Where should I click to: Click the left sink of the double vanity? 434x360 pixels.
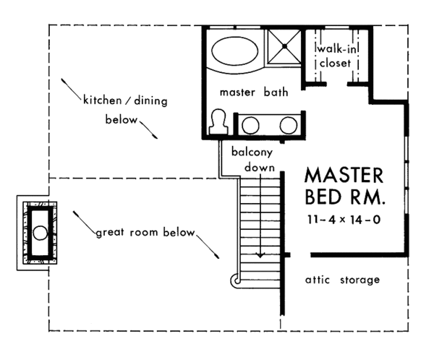251,124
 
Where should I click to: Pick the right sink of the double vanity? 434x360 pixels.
289,124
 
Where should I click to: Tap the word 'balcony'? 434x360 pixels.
251,153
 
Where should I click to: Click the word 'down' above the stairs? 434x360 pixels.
259,168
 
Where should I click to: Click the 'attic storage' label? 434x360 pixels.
341,280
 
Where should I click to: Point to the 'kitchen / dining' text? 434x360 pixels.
124,101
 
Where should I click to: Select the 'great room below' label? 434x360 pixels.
145,233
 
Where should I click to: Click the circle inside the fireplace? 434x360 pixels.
40,233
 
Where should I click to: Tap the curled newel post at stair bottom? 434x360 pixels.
234,280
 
